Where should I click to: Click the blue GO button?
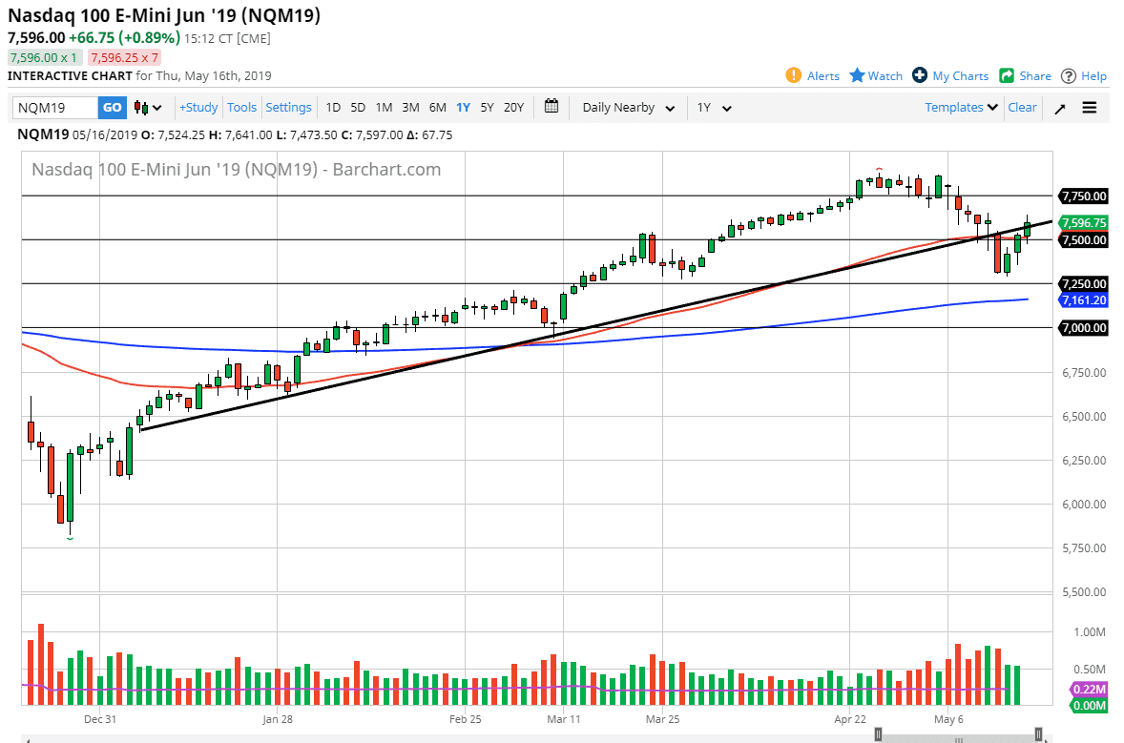(113, 108)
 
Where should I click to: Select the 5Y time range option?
(487, 108)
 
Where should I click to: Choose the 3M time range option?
(410, 108)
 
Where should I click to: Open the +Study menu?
(198, 108)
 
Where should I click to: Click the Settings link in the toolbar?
(288, 108)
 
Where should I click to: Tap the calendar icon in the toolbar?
(552, 107)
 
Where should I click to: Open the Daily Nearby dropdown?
(629, 108)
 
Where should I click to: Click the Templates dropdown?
(961, 108)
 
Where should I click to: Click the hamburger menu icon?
(1090, 108)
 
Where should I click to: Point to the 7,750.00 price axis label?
(1083, 196)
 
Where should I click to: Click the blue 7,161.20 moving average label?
(1083, 300)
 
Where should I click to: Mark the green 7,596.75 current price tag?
(1083, 222)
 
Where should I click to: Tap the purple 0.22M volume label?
(1090, 689)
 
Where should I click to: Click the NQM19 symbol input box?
(55, 108)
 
